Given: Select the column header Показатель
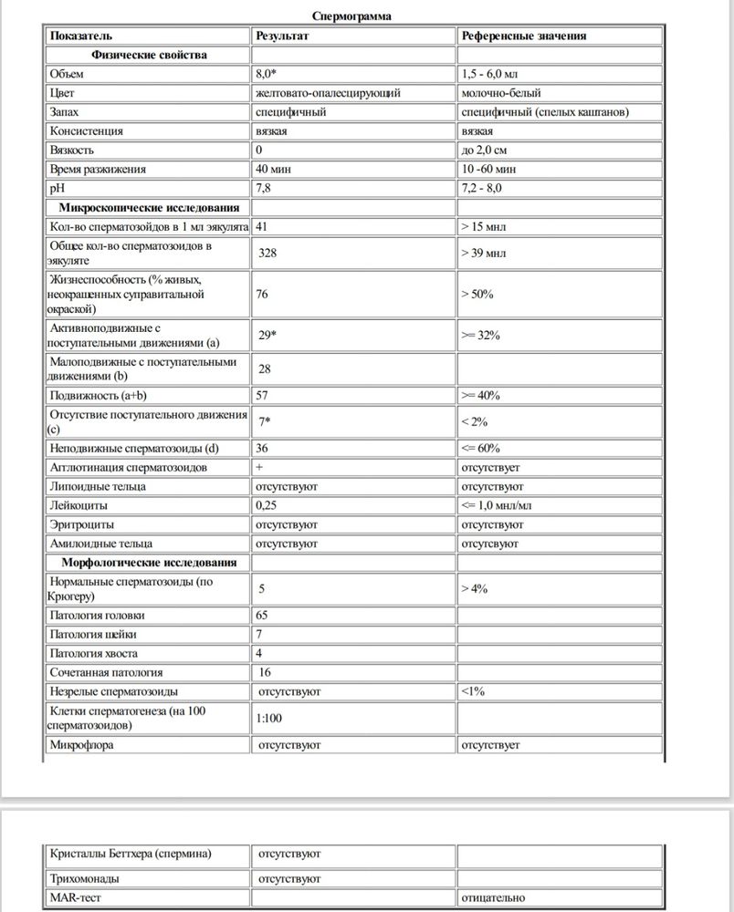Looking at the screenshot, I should (80, 36).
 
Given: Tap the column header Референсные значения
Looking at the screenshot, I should (525, 36).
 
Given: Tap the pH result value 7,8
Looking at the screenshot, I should (266, 188).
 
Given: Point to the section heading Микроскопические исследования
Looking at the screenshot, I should (150, 207).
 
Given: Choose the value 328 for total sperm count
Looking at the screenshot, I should (267, 252).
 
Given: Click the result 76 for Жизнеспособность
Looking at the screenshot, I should (265, 294).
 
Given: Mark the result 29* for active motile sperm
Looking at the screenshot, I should (267, 336).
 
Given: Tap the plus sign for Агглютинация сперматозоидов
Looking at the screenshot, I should (261, 467).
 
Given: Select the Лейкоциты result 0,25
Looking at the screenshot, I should (267, 504).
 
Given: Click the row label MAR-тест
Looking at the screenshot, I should (72, 897).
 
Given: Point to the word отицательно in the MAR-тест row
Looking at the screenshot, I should (494, 897).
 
